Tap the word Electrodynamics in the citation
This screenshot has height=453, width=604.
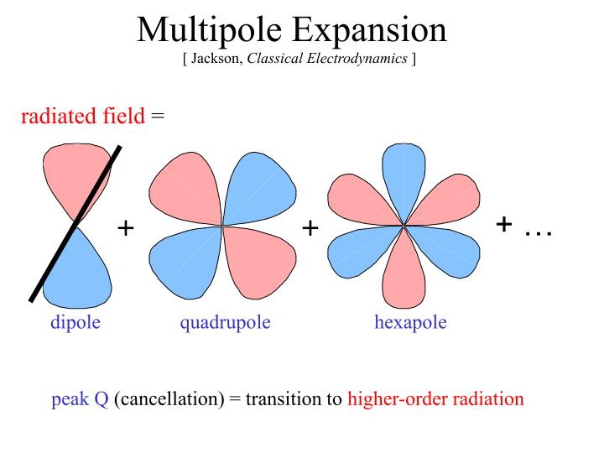[x=362, y=61]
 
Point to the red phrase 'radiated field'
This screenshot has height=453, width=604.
[x=82, y=117]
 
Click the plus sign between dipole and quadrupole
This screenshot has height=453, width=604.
[x=126, y=227]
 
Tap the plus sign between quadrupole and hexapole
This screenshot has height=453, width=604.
[x=310, y=227]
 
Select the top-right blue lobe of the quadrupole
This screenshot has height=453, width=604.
[x=258, y=189]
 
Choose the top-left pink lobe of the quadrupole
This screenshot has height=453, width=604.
[x=185, y=189]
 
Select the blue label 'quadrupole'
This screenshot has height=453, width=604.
[x=225, y=322]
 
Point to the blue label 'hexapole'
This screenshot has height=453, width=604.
[x=410, y=322]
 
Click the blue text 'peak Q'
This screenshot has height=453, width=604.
[x=80, y=398]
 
